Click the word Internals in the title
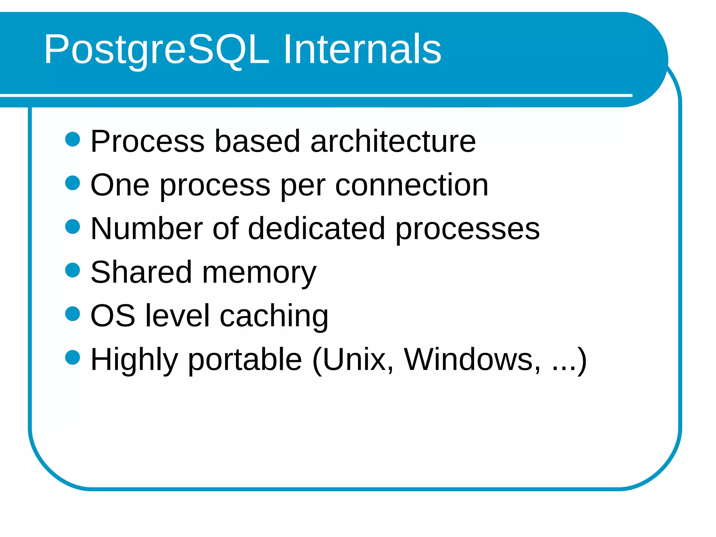[x=362, y=49]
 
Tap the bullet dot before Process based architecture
[x=73, y=139]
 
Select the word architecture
[x=393, y=141]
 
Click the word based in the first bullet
[x=257, y=141]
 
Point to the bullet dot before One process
[x=73, y=183]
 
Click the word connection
[x=411, y=185]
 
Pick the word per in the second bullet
[x=303, y=187]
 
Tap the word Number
[x=146, y=229]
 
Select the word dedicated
[x=316, y=229]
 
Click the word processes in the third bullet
[x=467, y=231]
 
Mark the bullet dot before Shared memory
[x=73, y=270]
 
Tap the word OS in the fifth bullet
[x=113, y=316]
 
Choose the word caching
[x=274, y=316]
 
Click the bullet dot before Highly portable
[x=73, y=357]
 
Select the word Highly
[x=134, y=360]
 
